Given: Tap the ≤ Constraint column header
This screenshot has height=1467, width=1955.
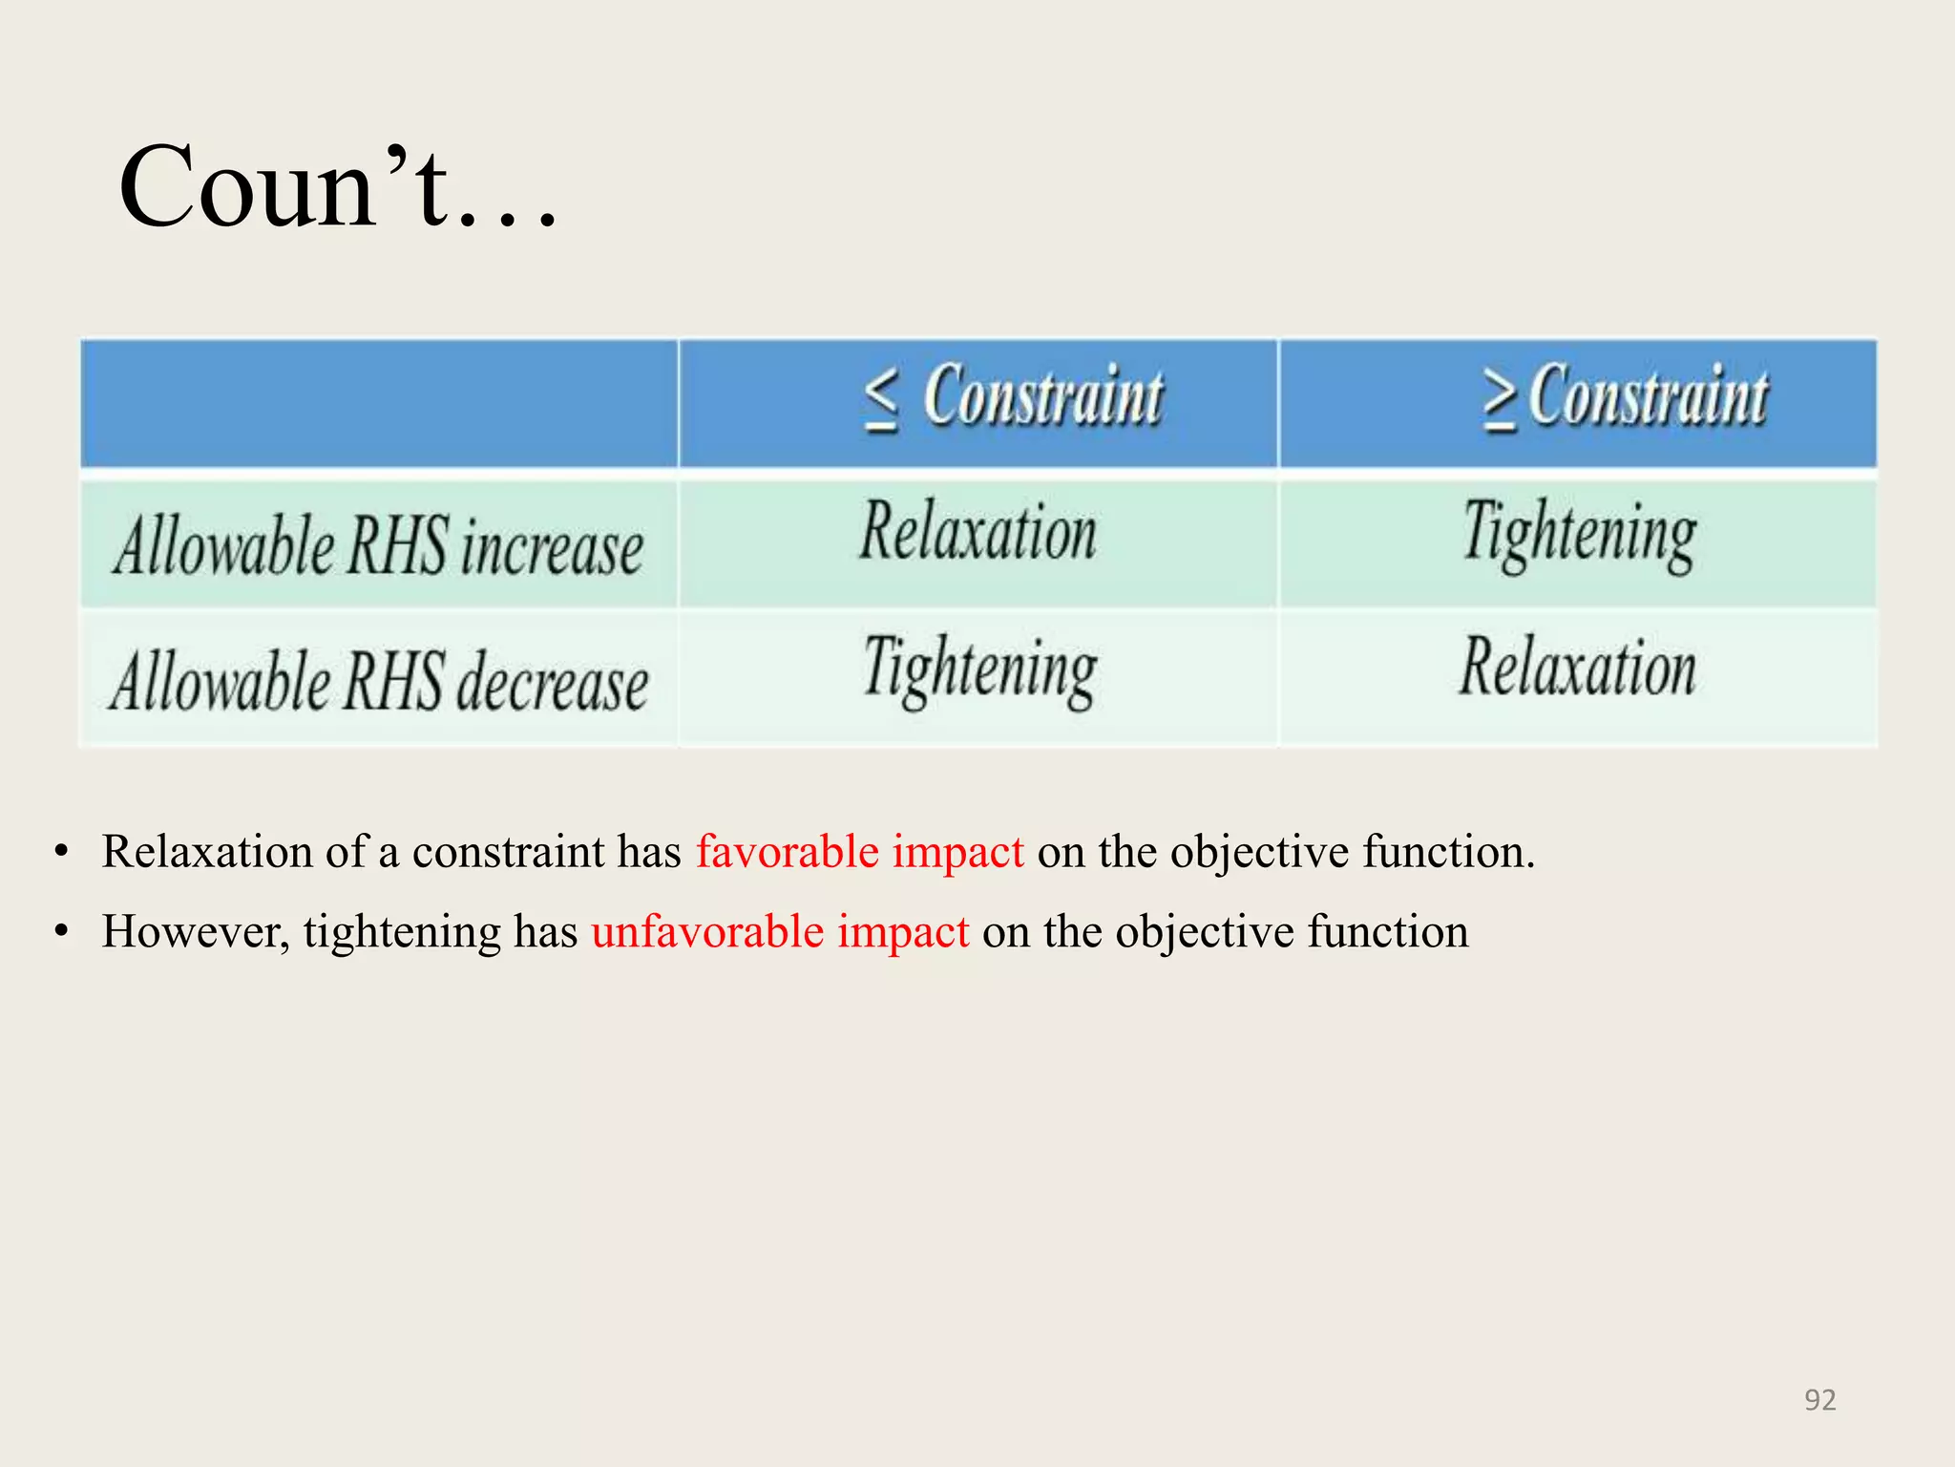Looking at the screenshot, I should pyautogui.click(x=1014, y=397).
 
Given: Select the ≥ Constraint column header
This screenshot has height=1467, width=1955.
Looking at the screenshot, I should pyautogui.click(x=1625, y=397).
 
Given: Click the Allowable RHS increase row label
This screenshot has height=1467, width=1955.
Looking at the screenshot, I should pyautogui.click(x=378, y=546).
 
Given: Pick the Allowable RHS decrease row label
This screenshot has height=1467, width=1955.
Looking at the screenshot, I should pyautogui.click(x=378, y=682).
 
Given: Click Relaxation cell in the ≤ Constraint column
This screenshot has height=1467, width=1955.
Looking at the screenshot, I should pyautogui.click(x=978, y=532).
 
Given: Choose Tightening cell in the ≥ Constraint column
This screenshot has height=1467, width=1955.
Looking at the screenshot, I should pyautogui.click(x=1580, y=534).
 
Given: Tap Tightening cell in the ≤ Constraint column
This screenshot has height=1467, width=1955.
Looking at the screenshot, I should pyautogui.click(x=980, y=670).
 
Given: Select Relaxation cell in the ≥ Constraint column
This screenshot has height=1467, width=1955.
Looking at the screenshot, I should pyautogui.click(x=1578, y=668).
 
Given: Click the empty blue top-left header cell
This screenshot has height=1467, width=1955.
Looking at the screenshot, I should pyautogui.click(x=379, y=403).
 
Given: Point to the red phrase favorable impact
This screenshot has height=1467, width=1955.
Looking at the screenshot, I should pyautogui.click(x=859, y=851).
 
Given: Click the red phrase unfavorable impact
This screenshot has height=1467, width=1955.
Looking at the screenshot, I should pyautogui.click(x=780, y=931).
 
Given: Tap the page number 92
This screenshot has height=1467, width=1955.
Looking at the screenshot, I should pyautogui.click(x=1819, y=1399).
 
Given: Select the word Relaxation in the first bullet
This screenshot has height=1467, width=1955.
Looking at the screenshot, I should pyautogui.click(x=206, y=851).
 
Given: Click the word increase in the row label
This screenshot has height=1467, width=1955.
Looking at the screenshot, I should pyautogui.click(x=553, y=548).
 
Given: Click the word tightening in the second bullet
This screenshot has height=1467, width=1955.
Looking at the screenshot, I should pyautogui.click(x=402, y=932).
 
